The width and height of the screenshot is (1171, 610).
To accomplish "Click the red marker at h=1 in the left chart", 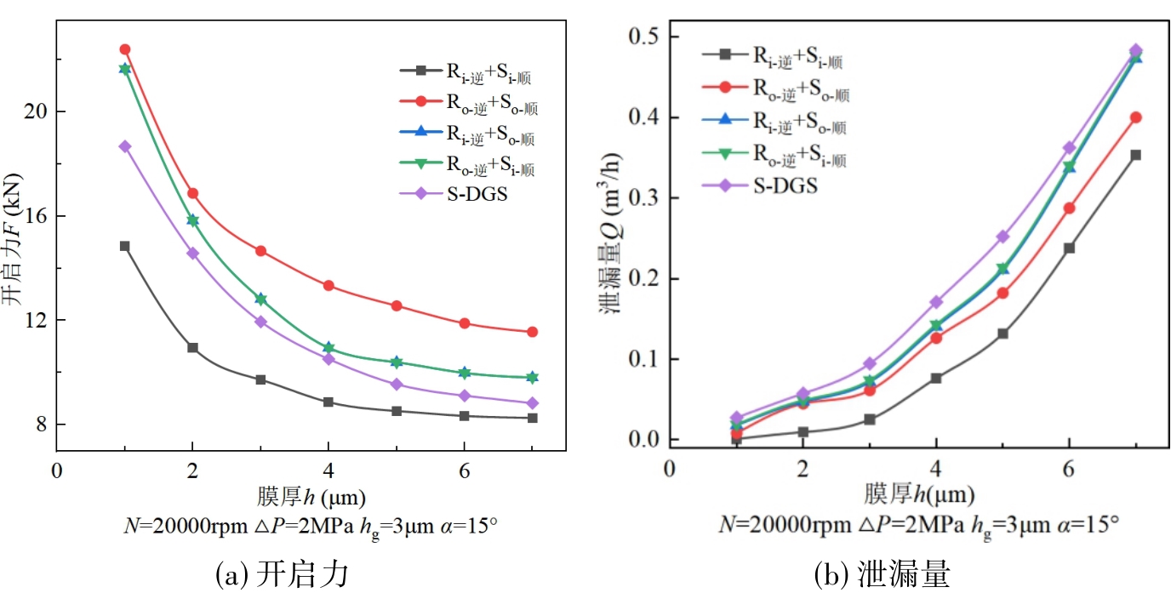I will click(x=124, y=49).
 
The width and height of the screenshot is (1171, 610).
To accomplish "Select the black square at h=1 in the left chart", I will click(x=124, y=246).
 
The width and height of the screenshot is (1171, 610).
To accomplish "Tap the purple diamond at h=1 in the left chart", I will click(x=124, y=146).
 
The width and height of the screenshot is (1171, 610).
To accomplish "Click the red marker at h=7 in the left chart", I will click(x=532, y=332).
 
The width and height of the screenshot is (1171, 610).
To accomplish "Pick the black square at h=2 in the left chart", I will click(x=192, y=348).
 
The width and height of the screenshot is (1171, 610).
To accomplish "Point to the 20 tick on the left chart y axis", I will click(x=36, y=111).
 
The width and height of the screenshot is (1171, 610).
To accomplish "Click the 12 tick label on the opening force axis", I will click(x=36, y=321).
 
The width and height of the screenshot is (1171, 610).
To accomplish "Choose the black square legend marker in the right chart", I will click(x=724, y=54).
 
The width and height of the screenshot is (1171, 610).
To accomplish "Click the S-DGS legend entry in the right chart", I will click(x=784, y=185).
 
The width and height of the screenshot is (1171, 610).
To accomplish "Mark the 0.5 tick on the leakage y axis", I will click(x=645, y=37).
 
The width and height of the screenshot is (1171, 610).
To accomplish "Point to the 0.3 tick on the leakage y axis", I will click(x=645, y=198).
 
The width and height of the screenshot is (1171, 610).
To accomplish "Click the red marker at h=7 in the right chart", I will click(x=1135, y=117).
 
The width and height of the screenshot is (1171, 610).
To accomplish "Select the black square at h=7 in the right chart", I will click(x=1135, y=155).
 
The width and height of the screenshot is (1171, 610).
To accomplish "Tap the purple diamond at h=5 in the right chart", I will click(x=1002, y=237).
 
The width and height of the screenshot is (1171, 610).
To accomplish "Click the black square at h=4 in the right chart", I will click(x=936, y=378).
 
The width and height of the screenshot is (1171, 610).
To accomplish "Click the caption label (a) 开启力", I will click(x=283, y=576).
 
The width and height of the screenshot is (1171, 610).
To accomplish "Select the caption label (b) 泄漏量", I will click(x=881, y=576).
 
